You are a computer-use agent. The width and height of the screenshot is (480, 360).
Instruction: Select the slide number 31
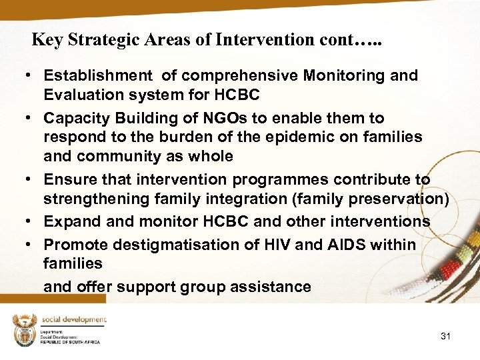coord(445,336)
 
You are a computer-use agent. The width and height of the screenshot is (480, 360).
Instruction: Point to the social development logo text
coord(74,321)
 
